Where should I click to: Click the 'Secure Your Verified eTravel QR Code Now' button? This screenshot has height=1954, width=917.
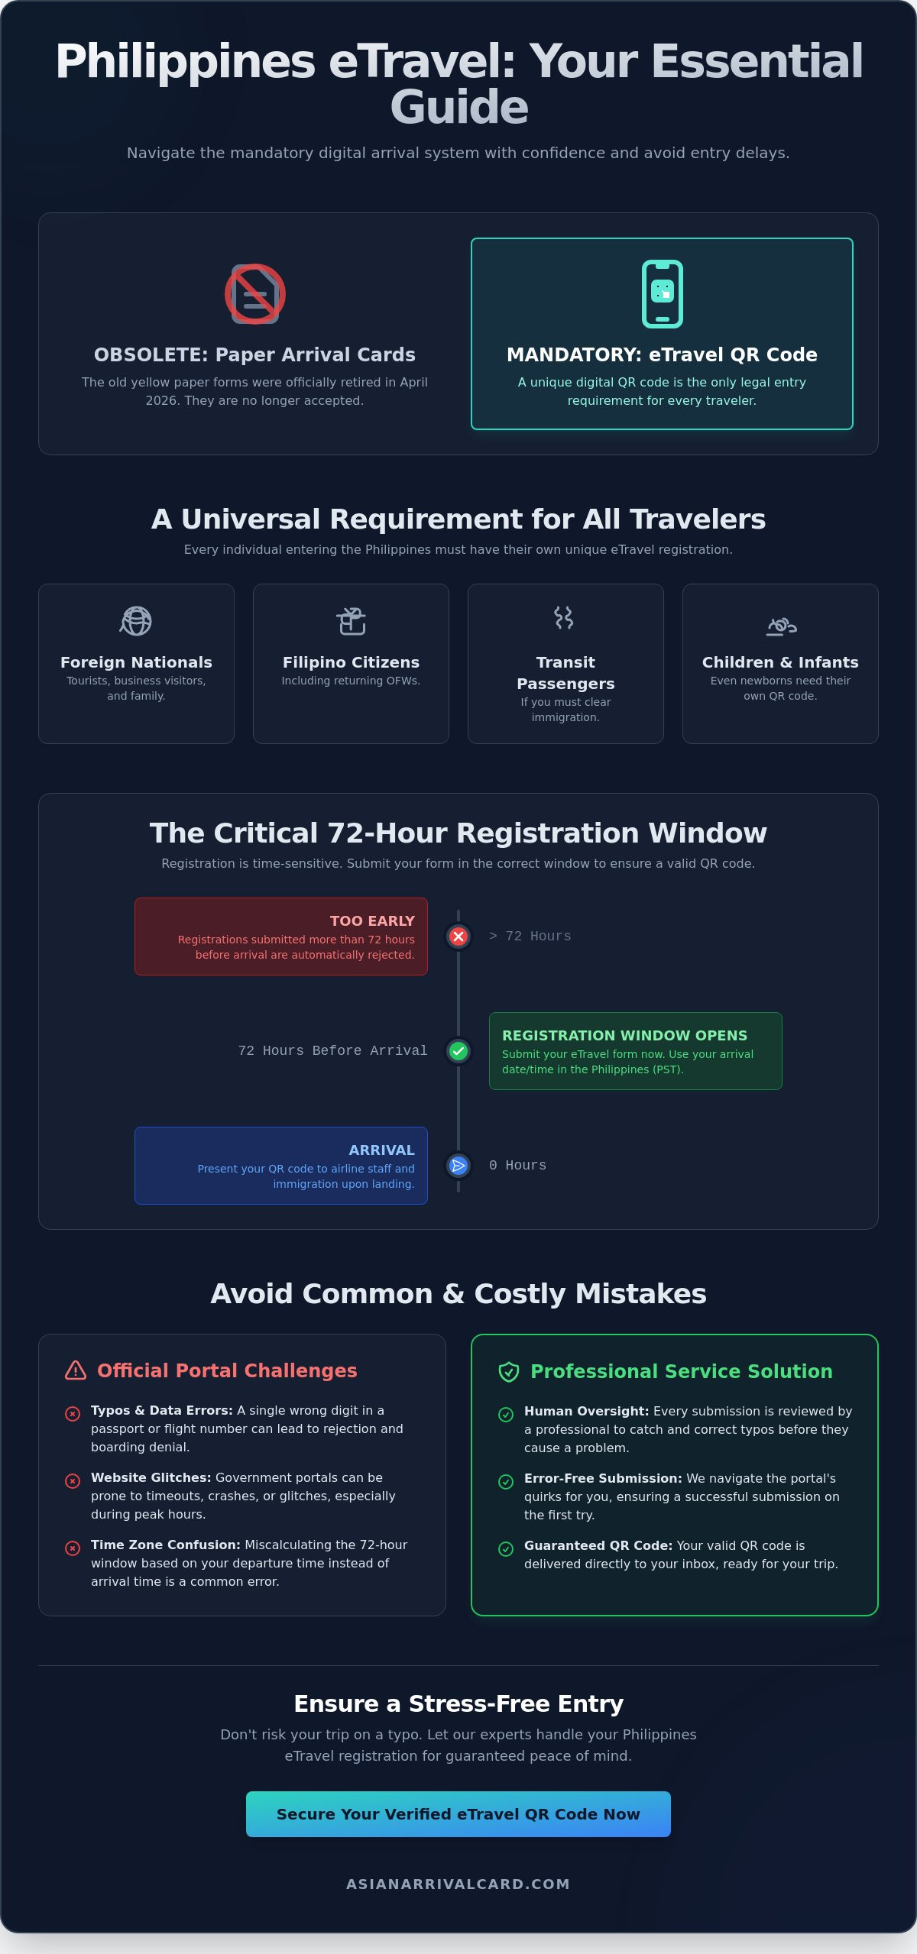click(x=458, y=1813)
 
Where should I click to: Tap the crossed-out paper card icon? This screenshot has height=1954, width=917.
click(x=255, y=294)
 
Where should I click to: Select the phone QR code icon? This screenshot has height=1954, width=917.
click(x=663, y=294)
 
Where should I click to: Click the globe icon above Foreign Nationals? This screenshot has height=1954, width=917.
click(x=136, y=621)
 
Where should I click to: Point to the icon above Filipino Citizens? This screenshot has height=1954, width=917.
click(x=352, y=621)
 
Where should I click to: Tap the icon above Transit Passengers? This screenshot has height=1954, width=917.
click(x=564, y=617)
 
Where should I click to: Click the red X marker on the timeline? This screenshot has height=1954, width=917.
click(x=458, y=937)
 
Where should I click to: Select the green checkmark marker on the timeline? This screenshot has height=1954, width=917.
click(x=458, y=1051)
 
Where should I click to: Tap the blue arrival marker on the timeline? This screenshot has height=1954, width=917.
click(x=458, y=1166)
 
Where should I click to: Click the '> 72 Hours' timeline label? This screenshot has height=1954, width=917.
click(x=530, y=937)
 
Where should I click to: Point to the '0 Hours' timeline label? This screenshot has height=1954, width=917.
click(x=518, y=1166)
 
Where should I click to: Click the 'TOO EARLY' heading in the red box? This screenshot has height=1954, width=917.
click(x=372, y=921)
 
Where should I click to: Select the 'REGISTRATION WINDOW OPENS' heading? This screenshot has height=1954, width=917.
click(x=624, y=1036)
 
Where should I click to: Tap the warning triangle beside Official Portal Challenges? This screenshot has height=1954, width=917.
click(x=76, y=1370)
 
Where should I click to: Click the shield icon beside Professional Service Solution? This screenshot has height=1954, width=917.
click(x=509, y=1372)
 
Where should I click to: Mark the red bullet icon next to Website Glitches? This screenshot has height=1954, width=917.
click(x=73, y=1481)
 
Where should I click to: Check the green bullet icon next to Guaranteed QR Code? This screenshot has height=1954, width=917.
click(x=506, y=1549)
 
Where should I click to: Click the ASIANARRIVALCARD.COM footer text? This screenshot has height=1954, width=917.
click(x=458, y=1884)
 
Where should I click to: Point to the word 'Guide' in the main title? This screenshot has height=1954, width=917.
click(x=459, y=107)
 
